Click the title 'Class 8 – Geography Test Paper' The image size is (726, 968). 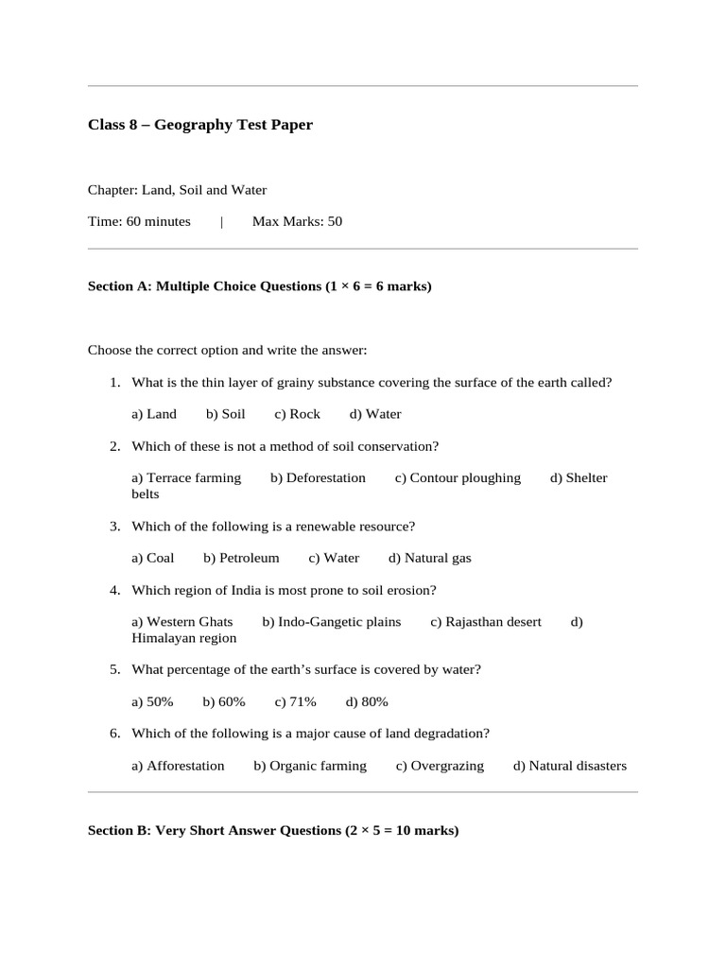(x=199, y=125)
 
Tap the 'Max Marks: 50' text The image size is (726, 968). (x=297, y=222)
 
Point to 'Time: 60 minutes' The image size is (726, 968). (x=139, y=222)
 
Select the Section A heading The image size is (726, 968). (x=259, y=285)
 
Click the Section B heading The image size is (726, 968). (x=273, y=831)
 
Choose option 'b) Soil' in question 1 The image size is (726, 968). (x=225, y=414)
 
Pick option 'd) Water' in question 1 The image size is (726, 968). (x=375, y=414)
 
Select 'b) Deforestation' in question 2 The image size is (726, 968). (x=318, y=478)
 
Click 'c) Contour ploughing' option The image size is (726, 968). (x=458, y=478)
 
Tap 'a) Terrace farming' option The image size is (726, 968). (x=186, y=478)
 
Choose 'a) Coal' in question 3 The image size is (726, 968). (x=153, y=559)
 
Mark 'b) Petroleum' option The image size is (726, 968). (x=241, y=559)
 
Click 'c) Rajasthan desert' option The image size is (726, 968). (x=486, y=622)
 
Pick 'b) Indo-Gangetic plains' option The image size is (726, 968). (x=332, y=622)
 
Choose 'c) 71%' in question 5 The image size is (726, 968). (x=295, y=702)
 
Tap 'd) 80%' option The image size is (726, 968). (x=367, y=702)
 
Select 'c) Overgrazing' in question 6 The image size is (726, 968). (x=440, y=767)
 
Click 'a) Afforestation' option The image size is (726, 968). (x=178, y=767)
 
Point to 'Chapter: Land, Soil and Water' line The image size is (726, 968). (x=177, y=190)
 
